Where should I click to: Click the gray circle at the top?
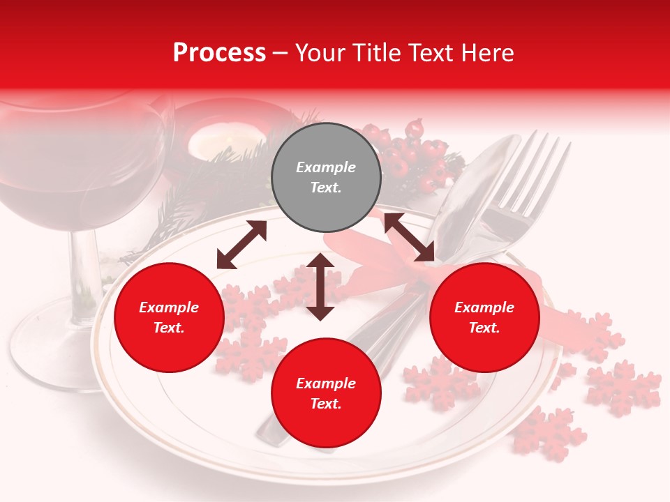[326, 178]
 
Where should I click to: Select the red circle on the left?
[169, 318]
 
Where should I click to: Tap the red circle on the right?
[484, 318]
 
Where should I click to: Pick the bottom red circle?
[326, 393]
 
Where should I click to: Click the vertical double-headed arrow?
[320, 287]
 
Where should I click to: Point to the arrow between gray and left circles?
[241, 245]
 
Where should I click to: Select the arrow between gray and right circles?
[409, 237]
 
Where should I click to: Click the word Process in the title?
[219, 53]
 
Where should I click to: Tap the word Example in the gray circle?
[326, 167]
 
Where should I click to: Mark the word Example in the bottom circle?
[326, 383]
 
